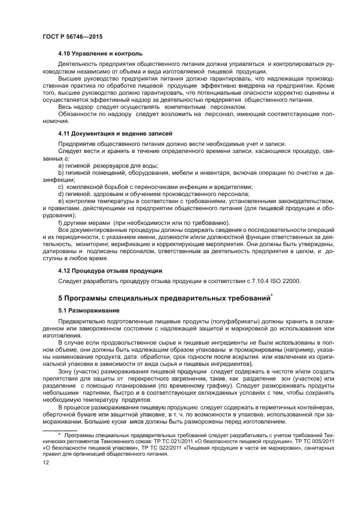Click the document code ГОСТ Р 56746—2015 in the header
[x=72, y=35]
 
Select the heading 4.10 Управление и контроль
[x=100, y=53]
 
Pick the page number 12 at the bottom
[x=46, y=477]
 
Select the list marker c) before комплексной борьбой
[x=60, y=186]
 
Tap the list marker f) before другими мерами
[x=60, y=222]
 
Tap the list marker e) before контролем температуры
[x=60, y=201]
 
